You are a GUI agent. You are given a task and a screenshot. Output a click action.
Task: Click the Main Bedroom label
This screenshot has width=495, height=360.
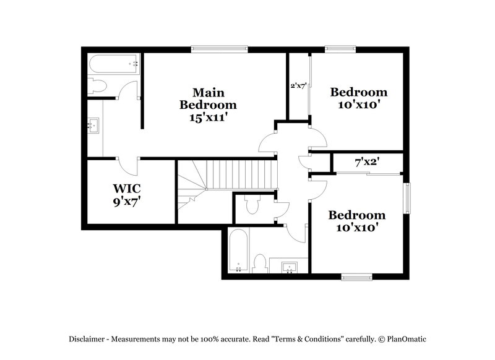[207, 98]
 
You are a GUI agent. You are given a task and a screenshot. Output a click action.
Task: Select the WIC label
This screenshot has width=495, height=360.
[126, 188]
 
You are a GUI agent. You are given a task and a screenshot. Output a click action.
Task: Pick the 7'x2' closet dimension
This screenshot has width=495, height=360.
[366, 163]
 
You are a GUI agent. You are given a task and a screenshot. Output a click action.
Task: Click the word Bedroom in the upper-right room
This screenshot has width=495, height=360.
[359, 93]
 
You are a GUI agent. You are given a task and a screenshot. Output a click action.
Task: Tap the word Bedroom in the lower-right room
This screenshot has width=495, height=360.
[356, 215]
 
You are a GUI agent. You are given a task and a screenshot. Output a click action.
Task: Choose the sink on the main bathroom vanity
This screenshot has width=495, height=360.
[93, 126]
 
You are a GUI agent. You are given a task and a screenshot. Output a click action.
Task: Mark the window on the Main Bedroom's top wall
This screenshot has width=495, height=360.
[219, 49]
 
